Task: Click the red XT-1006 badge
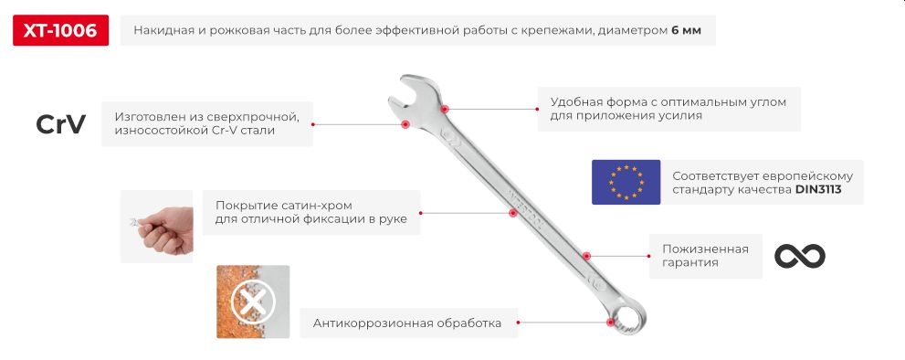point(60,31)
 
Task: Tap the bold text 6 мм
point(686,31)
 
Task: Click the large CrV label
point(60,124)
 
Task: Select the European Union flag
point(626,181)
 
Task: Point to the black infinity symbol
point(799,256)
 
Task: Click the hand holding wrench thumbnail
point(157,227)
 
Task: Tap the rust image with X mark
point(253,302)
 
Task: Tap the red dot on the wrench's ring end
point(610,321)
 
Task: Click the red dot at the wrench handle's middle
point(513,213)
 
